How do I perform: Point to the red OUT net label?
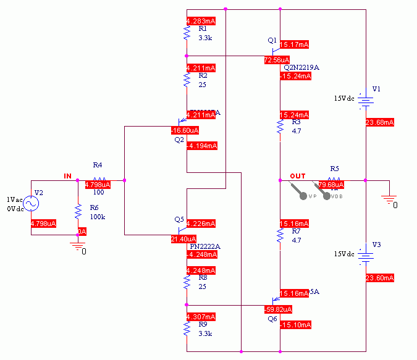(x=297, y=176)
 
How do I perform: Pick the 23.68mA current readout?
(x=380, y=122)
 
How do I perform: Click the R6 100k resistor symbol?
(x=78, y=212)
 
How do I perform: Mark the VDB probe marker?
(x=327, y=192)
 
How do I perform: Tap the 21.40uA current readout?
(x=184, y=238)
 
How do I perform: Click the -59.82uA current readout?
(x=277, y=309)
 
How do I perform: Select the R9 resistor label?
(x=203, y=324)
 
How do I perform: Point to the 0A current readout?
(x=82, y=232)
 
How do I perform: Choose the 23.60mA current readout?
(x=380, y=278)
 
